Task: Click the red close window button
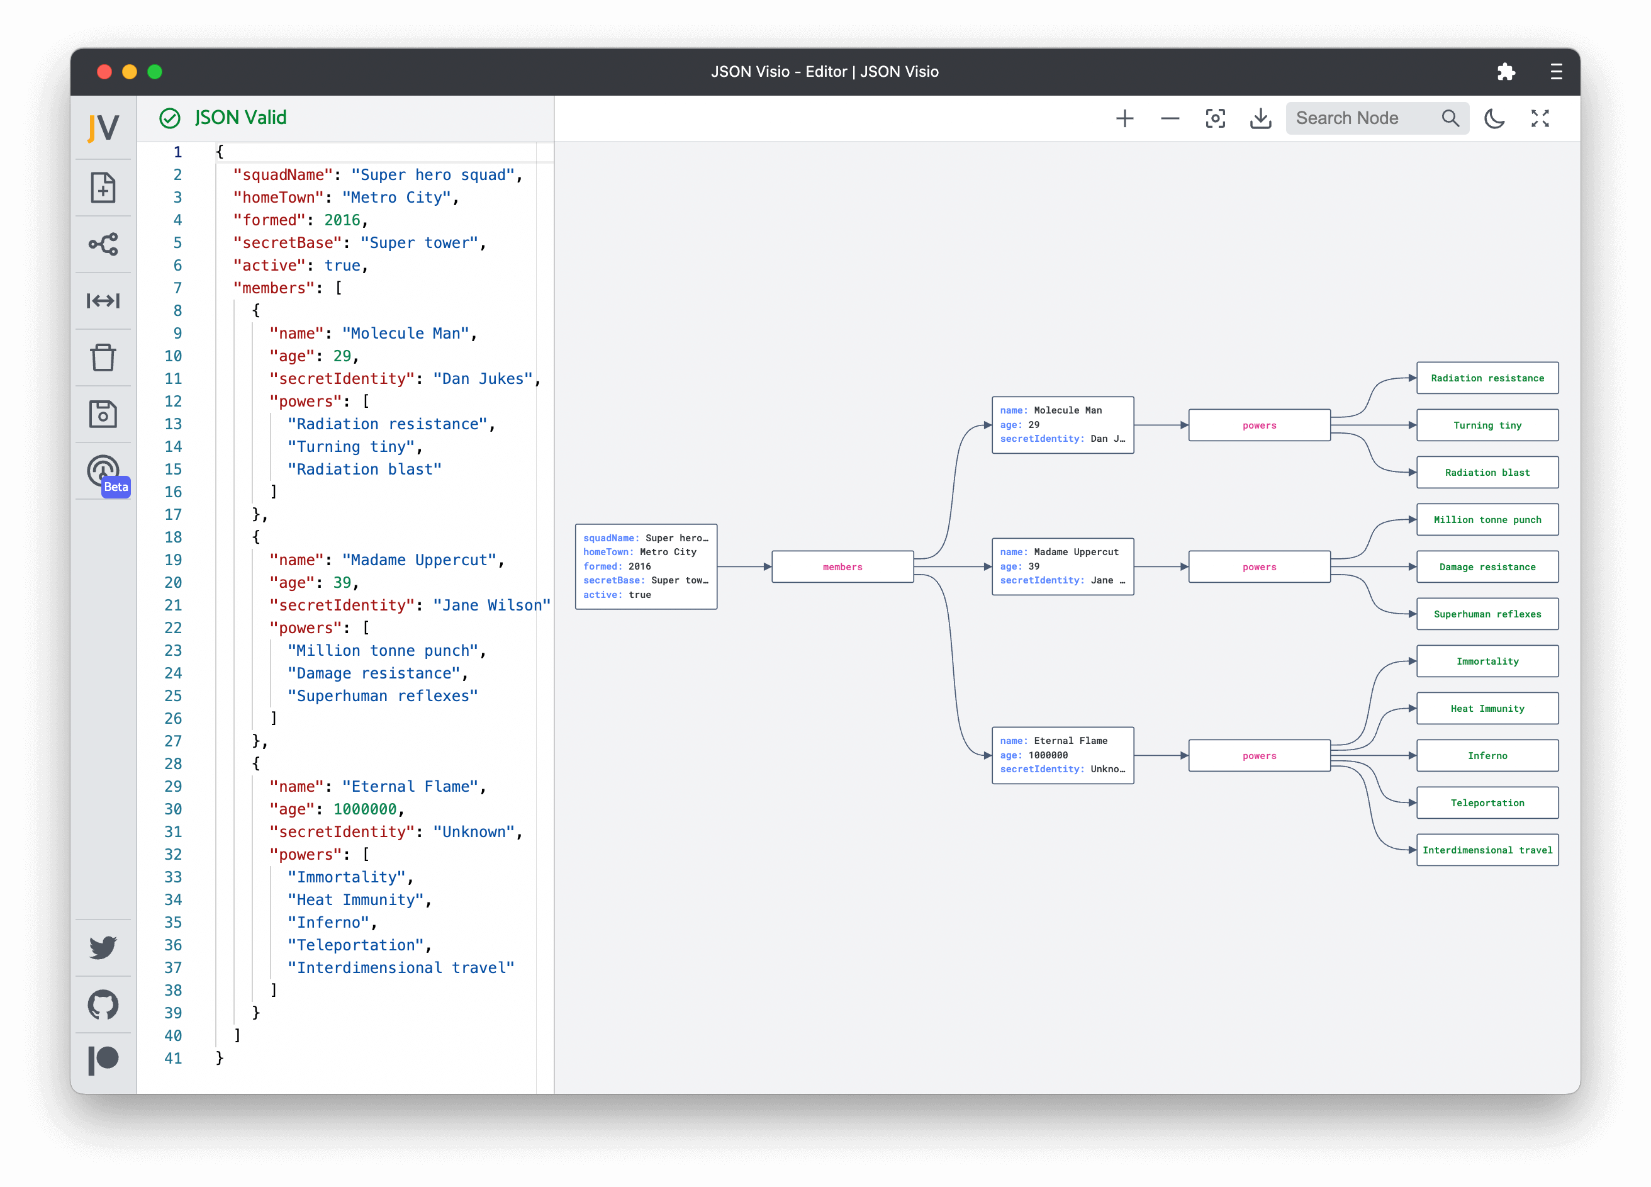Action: tap(104, 71)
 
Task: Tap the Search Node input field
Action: tap(1362, 118)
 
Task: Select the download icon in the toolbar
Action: tap(1260, 118)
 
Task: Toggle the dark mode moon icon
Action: tap(1494, 118)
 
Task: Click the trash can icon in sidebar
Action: tap(103, 357)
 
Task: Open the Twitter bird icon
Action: tap(103, 947)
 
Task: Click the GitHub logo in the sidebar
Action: tap(103, 1004)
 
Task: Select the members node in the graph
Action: tap(842, 566)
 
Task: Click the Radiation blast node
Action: tap(1487, 473)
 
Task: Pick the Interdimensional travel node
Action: tap(1487, 850)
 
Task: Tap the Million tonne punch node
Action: tap(1487, 520)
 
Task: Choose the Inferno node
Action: tap(1487, 756)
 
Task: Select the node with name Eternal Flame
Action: tap(1062, 755)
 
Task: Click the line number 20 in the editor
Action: tap(173, 583)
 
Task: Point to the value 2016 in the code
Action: tap(342, 220)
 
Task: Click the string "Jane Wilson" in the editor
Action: tap(491, 605)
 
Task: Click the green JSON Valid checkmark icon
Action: tap(170, 118)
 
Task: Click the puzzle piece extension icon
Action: tap(1506, 71)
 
